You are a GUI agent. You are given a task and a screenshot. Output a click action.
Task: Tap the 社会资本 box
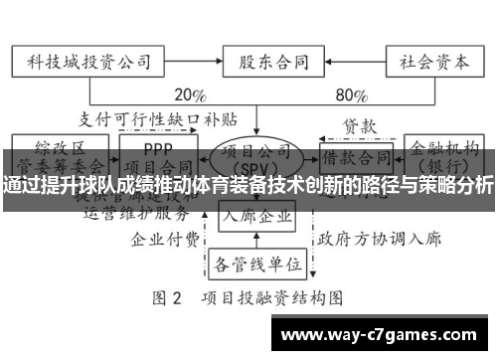coord(428,61)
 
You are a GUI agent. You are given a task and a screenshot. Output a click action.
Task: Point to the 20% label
coord(189,96)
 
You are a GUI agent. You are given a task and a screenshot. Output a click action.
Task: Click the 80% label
coord(351,96)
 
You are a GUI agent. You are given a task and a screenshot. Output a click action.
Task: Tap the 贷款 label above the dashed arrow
coord(360,127)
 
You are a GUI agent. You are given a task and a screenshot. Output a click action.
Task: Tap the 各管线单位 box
coord(256,264)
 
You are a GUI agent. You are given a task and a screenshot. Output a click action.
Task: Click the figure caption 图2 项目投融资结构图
coord(248,297)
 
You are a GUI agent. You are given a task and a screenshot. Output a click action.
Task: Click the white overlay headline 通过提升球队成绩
coord(248,184)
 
